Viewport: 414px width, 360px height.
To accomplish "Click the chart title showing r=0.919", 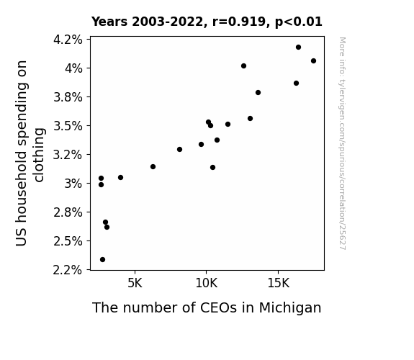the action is [x=207, y=22].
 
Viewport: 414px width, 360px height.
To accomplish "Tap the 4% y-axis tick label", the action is [x=73, y=68].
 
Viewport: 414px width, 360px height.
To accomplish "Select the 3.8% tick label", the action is [x=68, y=97].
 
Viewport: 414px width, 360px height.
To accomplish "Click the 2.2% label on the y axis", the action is [x=68, y=270].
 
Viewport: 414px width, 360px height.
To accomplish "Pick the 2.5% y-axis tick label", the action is [x=68, y=241].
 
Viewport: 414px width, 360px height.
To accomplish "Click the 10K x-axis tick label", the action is [x=207, y=284].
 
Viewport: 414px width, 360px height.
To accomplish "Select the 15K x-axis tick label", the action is [x=279, y=284].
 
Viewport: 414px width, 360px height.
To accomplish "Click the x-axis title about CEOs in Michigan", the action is [x=207, y=308].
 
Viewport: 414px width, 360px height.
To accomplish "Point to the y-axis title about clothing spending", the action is [x=30, y=153].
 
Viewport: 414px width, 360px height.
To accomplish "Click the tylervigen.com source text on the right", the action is [x=342, y=143].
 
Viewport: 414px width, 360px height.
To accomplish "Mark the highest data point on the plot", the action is [x=298, y=48].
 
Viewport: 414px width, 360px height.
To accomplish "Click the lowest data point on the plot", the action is [x=102, y=260].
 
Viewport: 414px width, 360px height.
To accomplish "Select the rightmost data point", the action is [x=313, y=61].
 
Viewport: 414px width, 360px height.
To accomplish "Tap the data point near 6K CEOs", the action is [x=153, y=166].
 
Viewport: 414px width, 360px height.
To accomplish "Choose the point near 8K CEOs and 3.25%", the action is [x=179, y=150].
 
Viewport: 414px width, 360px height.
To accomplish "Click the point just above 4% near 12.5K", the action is [x=243, y=66].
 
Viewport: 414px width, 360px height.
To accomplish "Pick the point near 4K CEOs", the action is [x=120, y=178].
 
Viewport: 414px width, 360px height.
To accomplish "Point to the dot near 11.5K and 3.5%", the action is [x=228, y=124].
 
